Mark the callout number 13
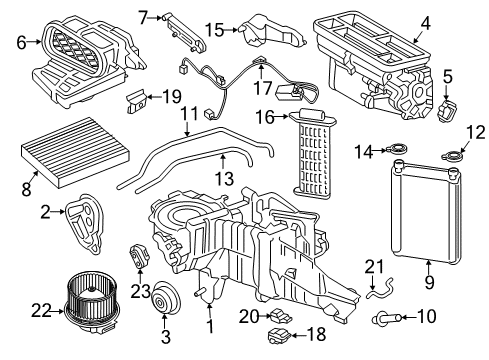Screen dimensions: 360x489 coord(224,178)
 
